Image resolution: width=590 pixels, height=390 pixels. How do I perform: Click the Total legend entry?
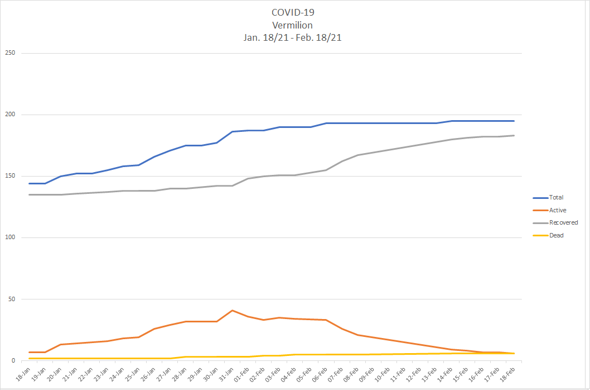click(556, 197)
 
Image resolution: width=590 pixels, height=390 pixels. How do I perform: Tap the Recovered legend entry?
click(563, 222)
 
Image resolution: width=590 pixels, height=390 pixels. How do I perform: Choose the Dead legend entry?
click(556, 235)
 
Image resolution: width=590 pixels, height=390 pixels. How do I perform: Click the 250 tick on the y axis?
click(10, 53)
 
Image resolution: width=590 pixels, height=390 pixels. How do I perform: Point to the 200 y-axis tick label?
click(10, 115)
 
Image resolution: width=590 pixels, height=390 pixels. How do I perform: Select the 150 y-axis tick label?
click(10, 176)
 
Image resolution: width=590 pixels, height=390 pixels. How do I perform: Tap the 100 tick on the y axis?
click(10, 237)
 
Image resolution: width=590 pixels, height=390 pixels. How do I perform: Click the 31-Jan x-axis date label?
click(225, 373)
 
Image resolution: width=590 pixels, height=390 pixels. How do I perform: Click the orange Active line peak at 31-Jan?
click(233, 310)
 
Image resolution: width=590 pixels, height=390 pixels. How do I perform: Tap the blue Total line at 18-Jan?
click(30, 183)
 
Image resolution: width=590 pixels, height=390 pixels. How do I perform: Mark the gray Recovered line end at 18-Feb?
click(514, 135)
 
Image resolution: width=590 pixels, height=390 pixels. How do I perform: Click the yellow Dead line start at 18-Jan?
click(30, 358)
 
